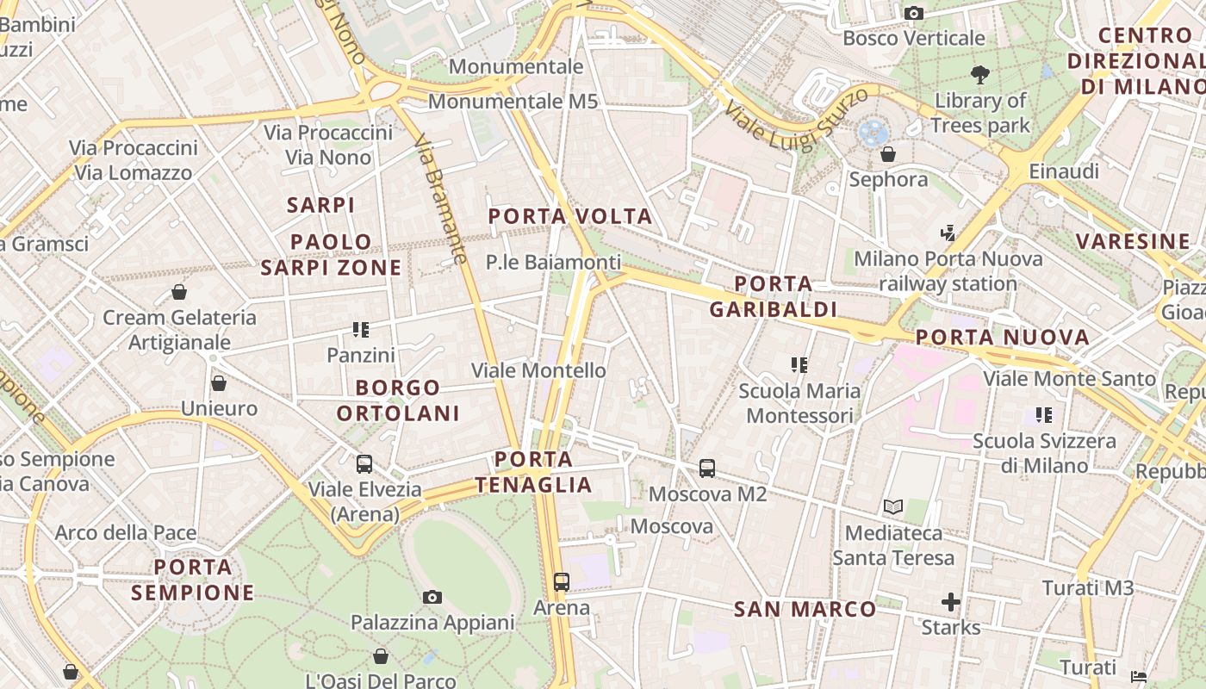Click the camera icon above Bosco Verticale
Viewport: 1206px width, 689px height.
914,13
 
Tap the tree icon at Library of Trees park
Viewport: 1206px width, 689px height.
979,75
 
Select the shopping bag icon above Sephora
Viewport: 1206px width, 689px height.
888,154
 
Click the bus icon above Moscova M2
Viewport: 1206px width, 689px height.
707,469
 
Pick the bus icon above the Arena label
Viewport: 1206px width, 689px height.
562,582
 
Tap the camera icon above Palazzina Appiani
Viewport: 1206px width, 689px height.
432,597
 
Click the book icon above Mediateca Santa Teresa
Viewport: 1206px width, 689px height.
893,507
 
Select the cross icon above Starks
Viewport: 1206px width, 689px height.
951,602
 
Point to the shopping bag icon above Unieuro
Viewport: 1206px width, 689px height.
219,383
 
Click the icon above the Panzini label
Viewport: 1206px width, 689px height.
361,329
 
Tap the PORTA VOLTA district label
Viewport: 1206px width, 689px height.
570,216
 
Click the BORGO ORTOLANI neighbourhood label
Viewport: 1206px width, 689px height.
398,400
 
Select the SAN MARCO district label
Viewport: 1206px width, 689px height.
805,610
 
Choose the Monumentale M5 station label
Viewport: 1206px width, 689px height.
513,101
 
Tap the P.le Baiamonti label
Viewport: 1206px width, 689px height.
553,262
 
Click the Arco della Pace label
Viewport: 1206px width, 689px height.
126,533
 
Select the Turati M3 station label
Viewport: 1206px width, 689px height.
1088,588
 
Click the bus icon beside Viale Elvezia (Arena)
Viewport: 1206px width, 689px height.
364,464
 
